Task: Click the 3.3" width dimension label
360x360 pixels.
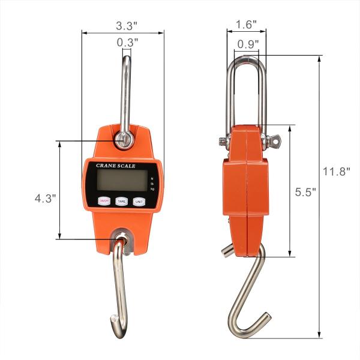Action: (x=124, y=26)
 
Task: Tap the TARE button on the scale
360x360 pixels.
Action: (x=122, y=202)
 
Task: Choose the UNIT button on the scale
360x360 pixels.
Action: (x=139, y=202)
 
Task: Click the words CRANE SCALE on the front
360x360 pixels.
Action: (x=116, y=166)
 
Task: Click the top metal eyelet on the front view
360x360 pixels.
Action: (x=124, y=140)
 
